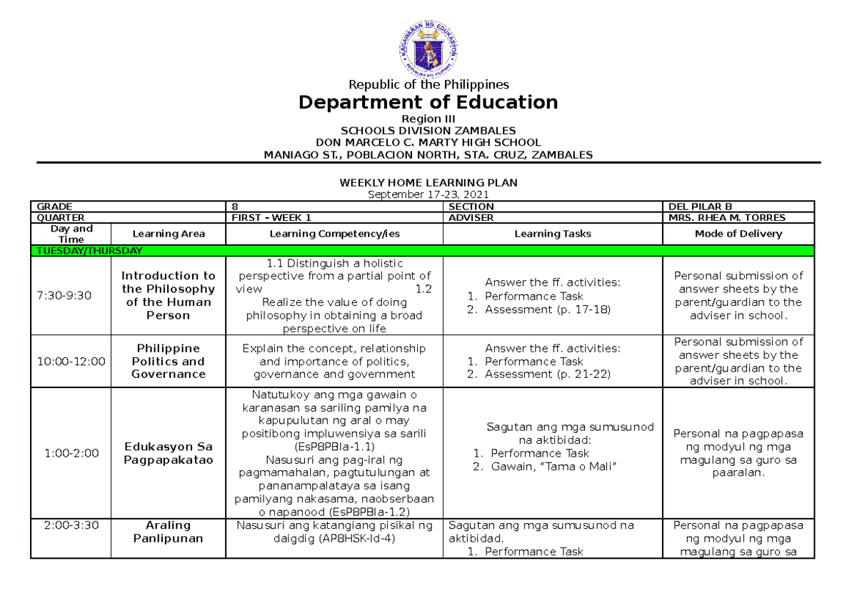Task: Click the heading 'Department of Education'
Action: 428,102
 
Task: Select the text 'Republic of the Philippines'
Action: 428,84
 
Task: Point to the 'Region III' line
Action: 428,119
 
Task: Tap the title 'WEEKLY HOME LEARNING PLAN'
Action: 428,183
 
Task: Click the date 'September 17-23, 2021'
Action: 428,195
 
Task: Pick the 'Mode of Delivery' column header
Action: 738,234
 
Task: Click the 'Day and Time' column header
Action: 71,234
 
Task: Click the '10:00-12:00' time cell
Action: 71,362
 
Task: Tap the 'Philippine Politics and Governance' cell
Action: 169,362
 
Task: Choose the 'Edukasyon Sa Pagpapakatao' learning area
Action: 169,453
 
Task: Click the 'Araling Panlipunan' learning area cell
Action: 169,532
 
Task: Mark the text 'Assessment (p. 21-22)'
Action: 548,374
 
